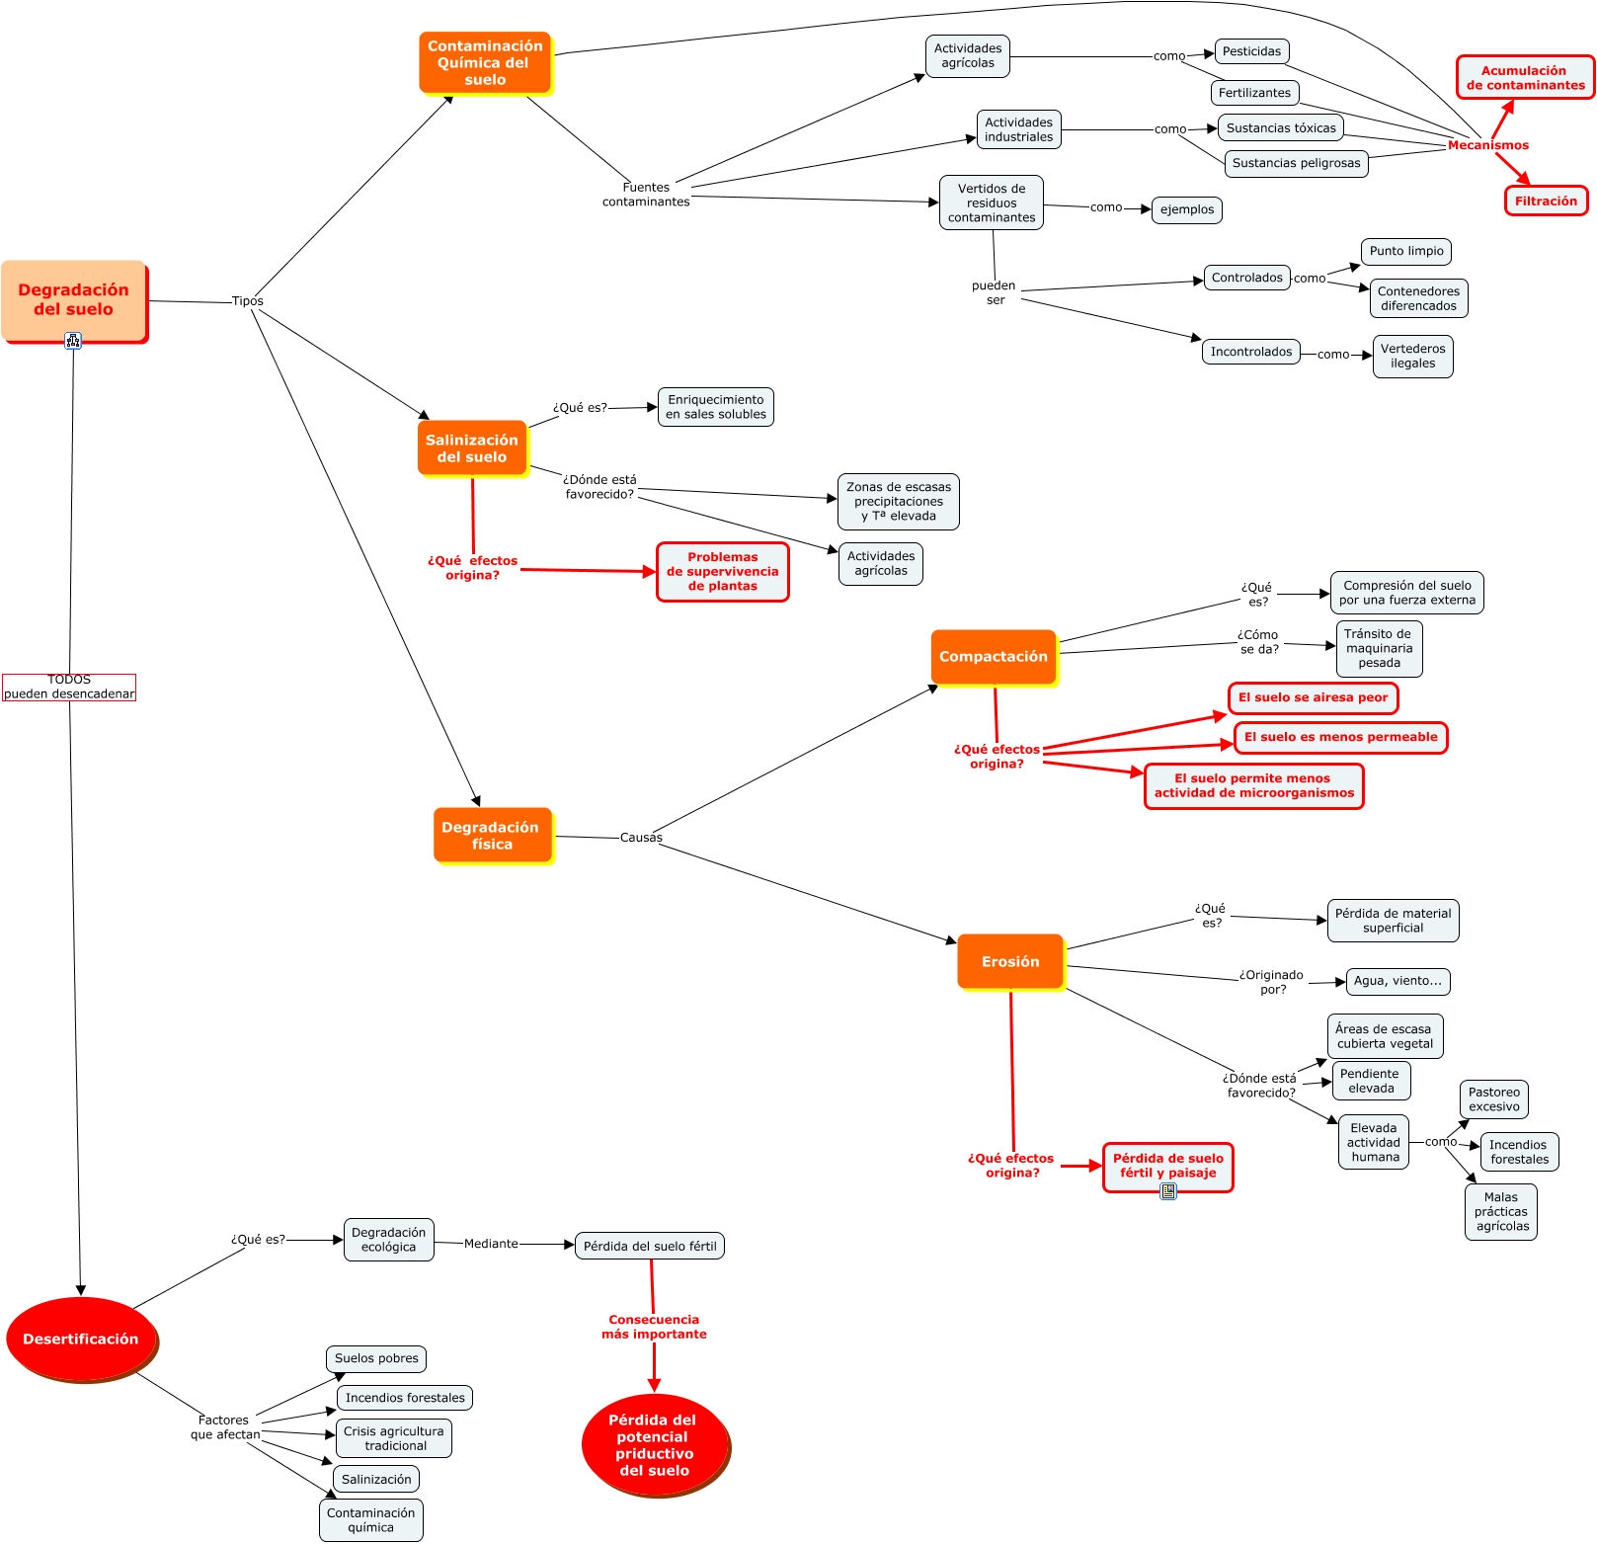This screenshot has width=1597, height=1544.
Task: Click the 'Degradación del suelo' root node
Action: [x=74, y=300]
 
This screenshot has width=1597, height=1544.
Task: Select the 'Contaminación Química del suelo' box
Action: [x=485, y=63]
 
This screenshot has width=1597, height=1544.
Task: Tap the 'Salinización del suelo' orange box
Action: [x=472, y=448]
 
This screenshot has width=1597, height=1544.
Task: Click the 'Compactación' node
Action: [x=994, y=657]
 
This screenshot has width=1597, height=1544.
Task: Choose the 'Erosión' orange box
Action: [x=1010, y=962]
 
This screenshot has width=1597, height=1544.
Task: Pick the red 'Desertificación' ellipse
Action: [x=81, y=1340]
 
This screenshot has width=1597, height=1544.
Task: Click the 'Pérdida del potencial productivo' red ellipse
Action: [x=654, y=1444]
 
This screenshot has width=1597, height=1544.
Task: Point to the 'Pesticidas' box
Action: [x=1251, y=51]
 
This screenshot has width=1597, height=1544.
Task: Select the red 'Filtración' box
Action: [x=1546, y=202]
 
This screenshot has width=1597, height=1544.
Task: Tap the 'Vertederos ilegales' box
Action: [x=1412, y=357]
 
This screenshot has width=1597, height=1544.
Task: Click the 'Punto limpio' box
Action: [x=1406, y=251]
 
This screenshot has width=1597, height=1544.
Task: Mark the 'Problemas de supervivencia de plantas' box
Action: [x=723, y=572]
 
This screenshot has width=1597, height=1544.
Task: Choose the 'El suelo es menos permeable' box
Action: [x=1340, y=737]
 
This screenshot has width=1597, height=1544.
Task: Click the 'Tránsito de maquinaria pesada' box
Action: [x=1379, y=649]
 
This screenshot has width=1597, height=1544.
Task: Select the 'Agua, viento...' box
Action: [x=1397, y=981]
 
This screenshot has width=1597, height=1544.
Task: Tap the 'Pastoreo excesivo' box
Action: [x=1494, y=1099]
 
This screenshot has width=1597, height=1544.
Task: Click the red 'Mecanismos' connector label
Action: [x=1487, y=145]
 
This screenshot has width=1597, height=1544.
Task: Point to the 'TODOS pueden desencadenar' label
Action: [x=69, y=687]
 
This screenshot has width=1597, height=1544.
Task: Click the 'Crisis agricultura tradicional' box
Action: [x=394, y=1438]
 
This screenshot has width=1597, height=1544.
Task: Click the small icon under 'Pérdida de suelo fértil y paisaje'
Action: [x=1168, y=1191]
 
